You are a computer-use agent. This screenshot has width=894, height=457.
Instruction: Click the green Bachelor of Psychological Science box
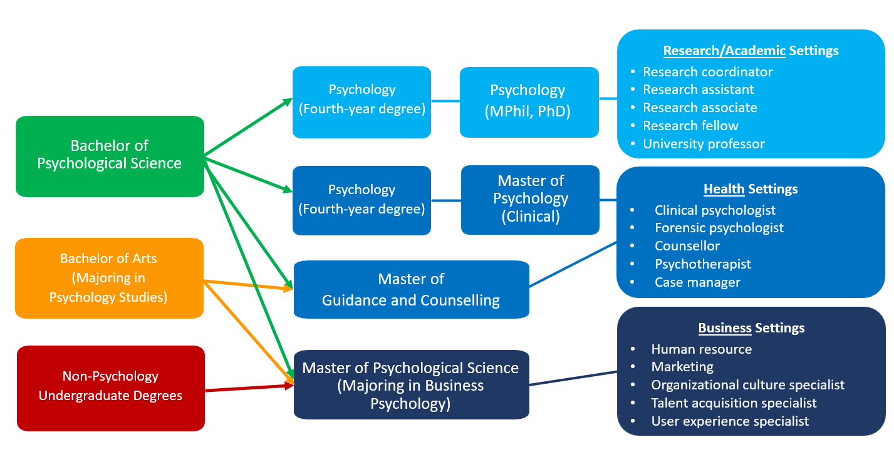[110, 156]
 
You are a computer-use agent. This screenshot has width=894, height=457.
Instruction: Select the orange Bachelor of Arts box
[109, 277]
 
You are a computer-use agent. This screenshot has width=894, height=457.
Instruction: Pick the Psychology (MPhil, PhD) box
[529, 102]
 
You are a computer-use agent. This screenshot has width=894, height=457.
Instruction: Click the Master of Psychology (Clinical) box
[530, 200]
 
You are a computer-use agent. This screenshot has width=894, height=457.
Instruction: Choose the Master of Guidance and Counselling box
[411, 289]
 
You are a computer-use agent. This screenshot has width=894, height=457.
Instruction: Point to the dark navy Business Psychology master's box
[411, 385]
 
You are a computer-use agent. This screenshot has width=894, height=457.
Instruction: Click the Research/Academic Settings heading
[751, 51]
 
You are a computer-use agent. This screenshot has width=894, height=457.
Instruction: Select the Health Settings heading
[751, 188]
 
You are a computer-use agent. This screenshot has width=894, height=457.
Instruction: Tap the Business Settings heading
[751, 328]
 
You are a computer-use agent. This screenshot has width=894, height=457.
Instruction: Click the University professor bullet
[704, 144]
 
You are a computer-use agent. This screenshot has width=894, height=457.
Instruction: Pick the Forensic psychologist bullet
[719, 228]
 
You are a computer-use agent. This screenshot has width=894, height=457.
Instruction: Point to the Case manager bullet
[697, 282]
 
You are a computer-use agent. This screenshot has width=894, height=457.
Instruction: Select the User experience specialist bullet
[730, 421]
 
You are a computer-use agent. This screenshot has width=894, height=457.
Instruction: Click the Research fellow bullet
[690, 126]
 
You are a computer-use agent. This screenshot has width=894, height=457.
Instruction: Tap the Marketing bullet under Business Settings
[682, 367]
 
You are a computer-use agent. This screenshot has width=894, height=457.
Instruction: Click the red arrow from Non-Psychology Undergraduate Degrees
[249, 388]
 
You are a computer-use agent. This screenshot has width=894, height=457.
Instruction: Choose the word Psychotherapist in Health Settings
[703, 264]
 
